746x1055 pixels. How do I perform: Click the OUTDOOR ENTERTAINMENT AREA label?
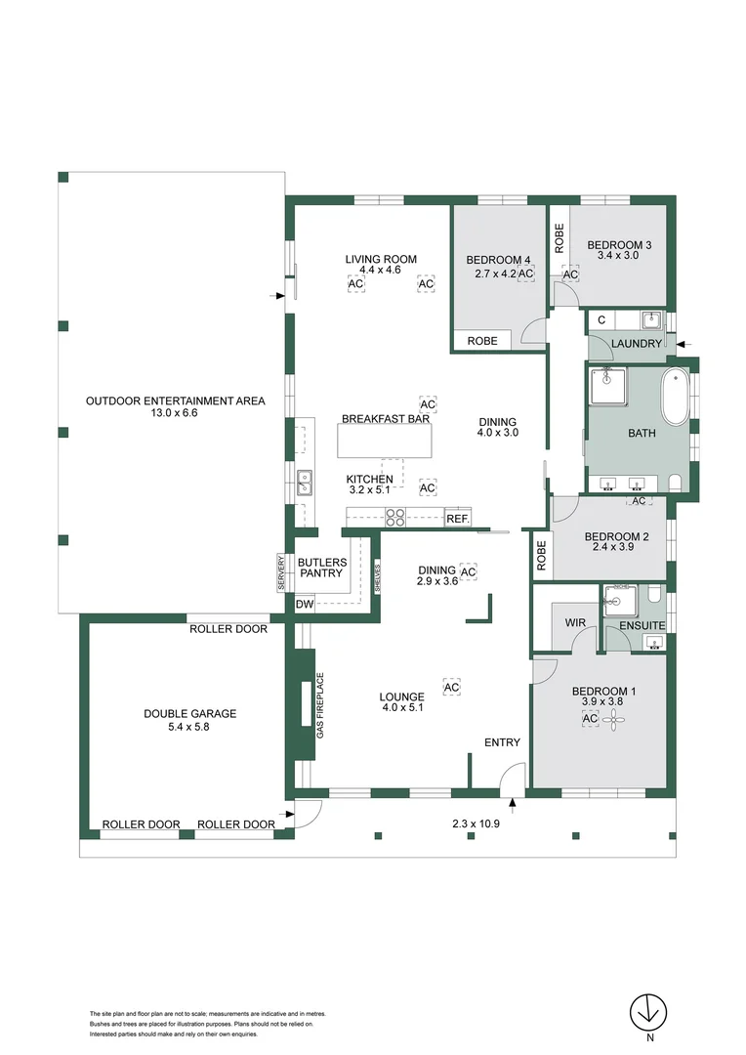[x=175, y=401]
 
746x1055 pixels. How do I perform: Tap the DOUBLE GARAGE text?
[x=189, y=714]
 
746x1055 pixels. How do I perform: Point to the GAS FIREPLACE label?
[x=319, y=704]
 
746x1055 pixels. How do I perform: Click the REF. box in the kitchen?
[x=458, y=519]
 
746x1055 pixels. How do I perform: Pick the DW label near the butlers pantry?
[x=306, y=605]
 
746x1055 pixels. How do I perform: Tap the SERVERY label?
[x=280, y=571]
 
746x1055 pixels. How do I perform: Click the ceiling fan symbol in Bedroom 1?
[x=614, y=720]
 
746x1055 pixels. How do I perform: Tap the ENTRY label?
[x=502, y=742]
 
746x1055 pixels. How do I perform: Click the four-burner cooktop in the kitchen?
[x=395, y=518]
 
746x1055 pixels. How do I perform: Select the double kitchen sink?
[x=305, y=481]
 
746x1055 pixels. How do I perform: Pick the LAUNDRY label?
[x=636, y=344]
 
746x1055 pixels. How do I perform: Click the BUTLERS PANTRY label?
[x=321, y=568]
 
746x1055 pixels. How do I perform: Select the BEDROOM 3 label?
[x=618, y=245]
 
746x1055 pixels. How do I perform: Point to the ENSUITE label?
[x=642, y=624]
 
